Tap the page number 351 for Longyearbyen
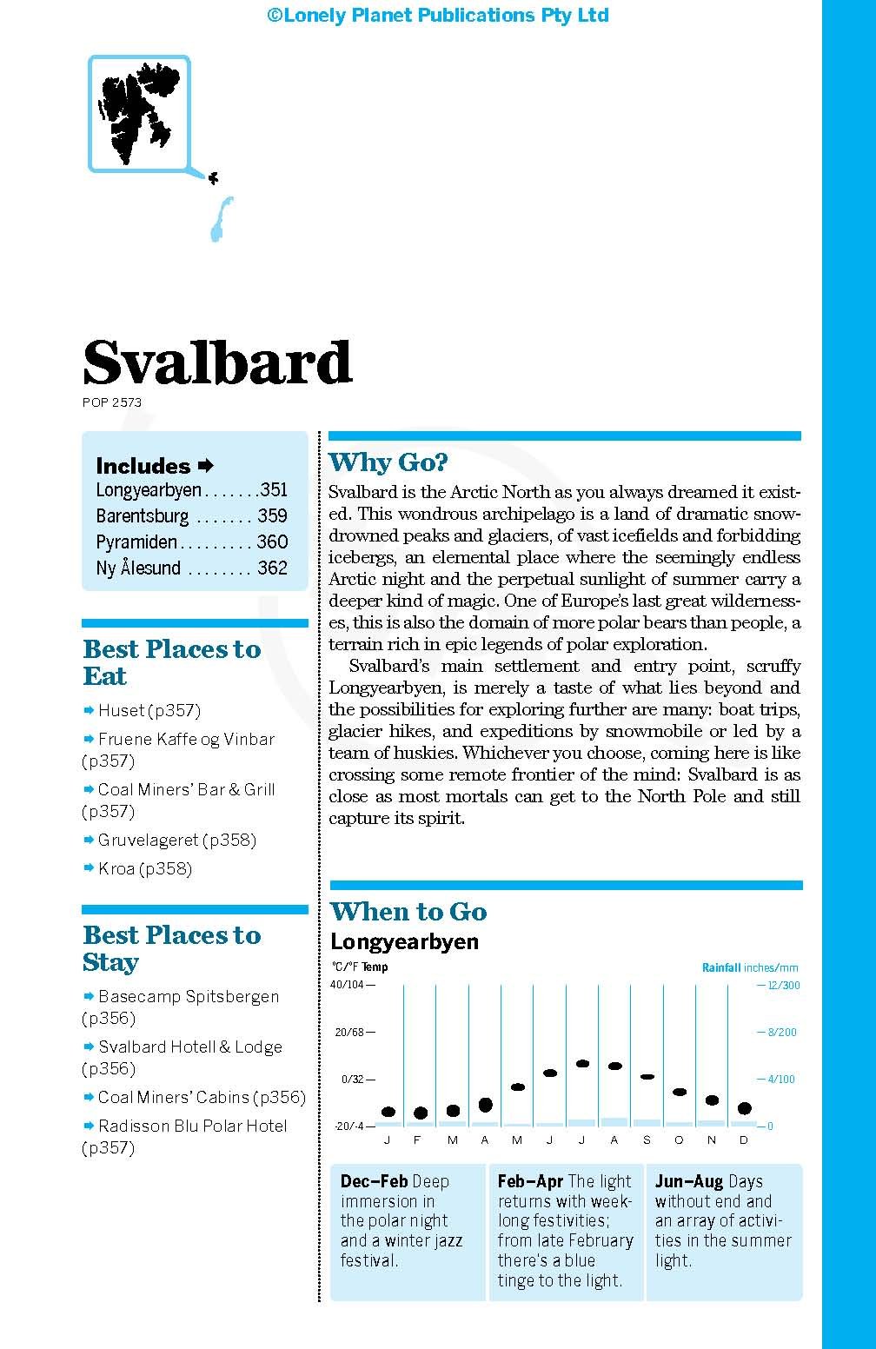coord(274,490)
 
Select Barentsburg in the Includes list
coord(143,516)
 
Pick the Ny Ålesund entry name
coord(138,568)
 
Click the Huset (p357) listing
coord(149,711)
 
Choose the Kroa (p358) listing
coord(144,869)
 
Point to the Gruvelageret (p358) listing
coord(176,841)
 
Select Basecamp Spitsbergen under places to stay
coord(189,997)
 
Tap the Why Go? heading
coord(388,462)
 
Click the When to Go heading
coord(408,912)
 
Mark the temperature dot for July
coord(582,1063)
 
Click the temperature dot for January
coord(388,1112)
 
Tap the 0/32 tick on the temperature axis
coord(352,1080)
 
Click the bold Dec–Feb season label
coord(374,1182)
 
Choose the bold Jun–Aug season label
coord(689,1182)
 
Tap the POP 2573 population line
coord(112,402)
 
